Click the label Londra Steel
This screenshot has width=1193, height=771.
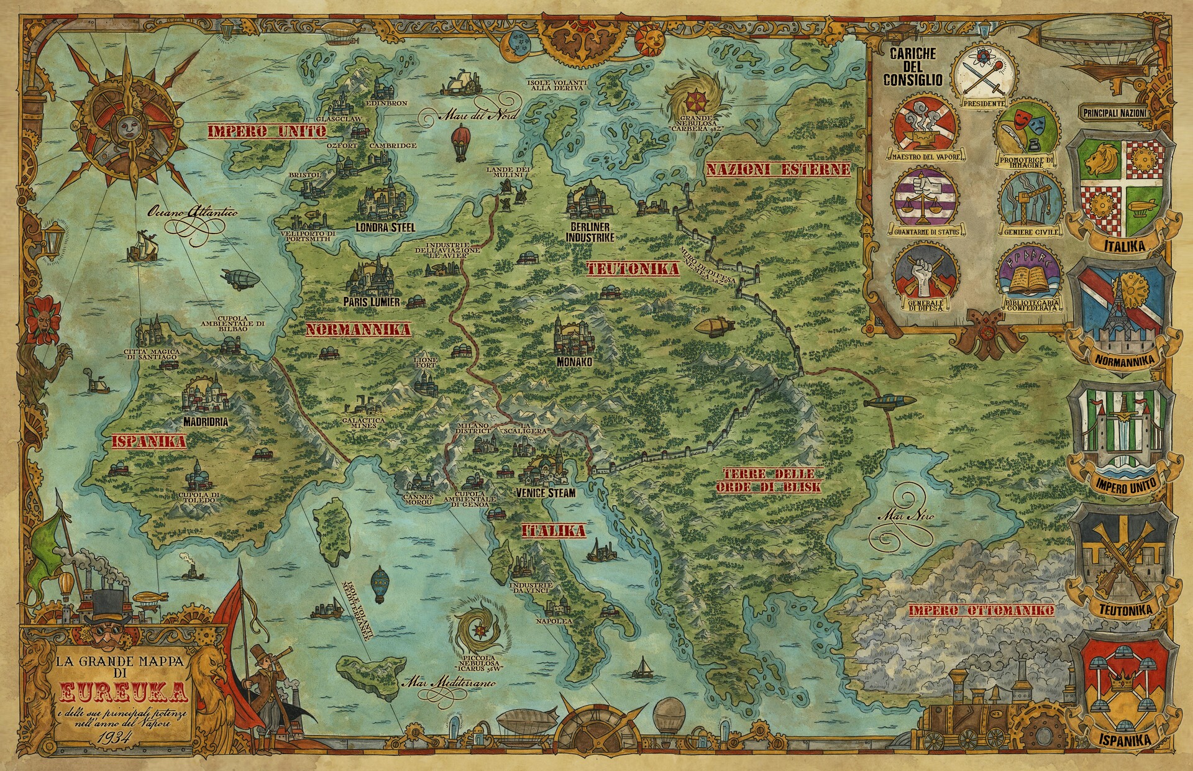[385, 227]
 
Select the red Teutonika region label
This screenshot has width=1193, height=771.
[633, 269]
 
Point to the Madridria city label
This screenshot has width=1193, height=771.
[205, 422]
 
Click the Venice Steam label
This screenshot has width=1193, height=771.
[546, 493]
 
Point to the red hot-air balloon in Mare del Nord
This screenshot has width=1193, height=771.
[460, 142]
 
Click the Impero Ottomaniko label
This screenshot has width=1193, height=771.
[981, 611]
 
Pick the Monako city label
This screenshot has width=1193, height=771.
[574, 361]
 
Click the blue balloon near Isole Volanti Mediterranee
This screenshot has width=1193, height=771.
[379, 584]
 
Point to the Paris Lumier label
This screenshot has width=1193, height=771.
[372, 301]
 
